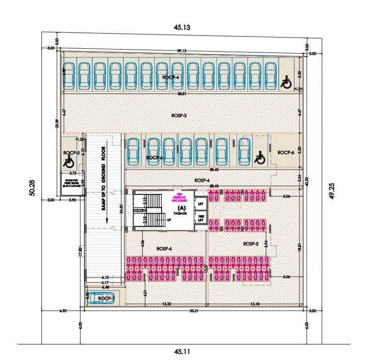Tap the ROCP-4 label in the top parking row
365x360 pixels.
171,77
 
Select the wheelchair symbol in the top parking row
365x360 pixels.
285,83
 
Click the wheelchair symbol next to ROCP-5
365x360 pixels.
69,162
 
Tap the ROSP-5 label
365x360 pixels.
251,244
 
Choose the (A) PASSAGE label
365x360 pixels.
181,210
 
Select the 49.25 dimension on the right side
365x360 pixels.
332,189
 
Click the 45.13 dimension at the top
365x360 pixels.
182,28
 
